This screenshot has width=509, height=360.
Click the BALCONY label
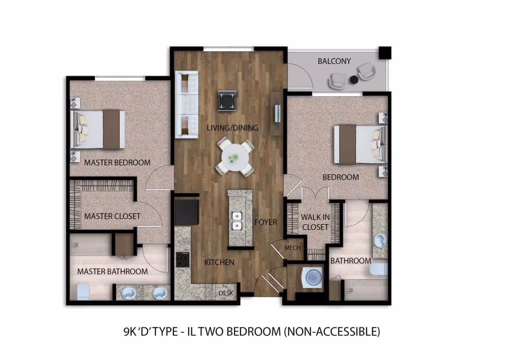click(334, 61)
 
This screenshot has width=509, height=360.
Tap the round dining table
click(235, 157)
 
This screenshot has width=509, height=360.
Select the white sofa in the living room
click(187, 104)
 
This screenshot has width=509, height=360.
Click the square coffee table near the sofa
click(227, 101)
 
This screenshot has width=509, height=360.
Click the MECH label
click(293, 248)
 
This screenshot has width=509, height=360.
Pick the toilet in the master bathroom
click(83, 292)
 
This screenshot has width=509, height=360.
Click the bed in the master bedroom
click(99, 129)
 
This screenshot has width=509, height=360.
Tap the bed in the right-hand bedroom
click(360, 144)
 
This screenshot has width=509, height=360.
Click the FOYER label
click(266, 222)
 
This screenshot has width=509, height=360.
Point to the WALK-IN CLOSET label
click(315, 222)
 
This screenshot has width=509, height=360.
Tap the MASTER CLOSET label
click(112, 216)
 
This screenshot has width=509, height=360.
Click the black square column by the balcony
click(385, 53)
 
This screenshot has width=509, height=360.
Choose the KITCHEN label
click(219, 262)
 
